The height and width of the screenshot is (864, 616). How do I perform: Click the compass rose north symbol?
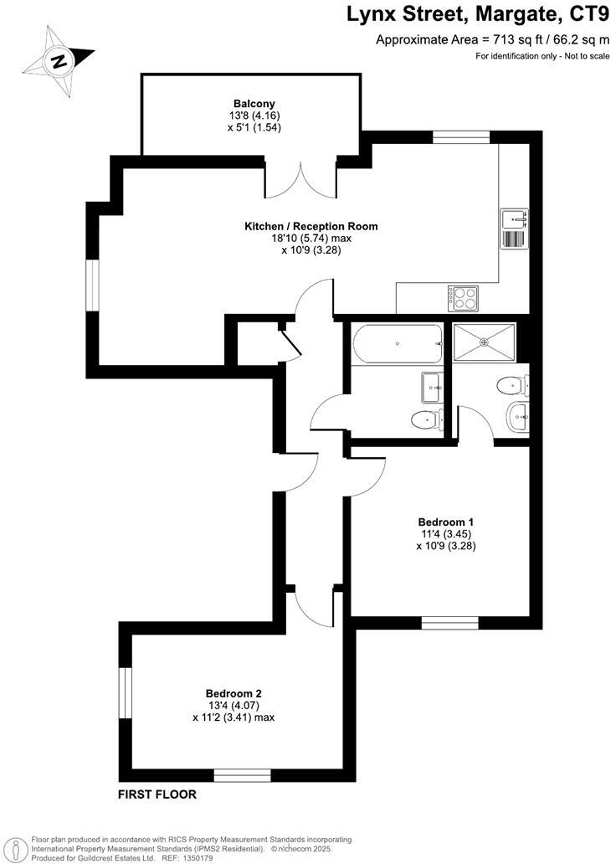(58, 61)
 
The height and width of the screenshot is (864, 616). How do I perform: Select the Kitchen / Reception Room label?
(311, 226)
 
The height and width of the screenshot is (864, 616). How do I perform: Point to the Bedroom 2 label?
(234, 693)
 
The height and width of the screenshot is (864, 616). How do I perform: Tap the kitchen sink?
(513, 219)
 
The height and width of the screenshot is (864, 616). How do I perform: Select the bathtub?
(398, 345)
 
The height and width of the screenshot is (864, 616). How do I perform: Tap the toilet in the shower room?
(511, 386)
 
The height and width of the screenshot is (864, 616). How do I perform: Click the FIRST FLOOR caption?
(157, 795)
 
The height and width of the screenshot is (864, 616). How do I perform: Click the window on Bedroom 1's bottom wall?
(449, 622)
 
